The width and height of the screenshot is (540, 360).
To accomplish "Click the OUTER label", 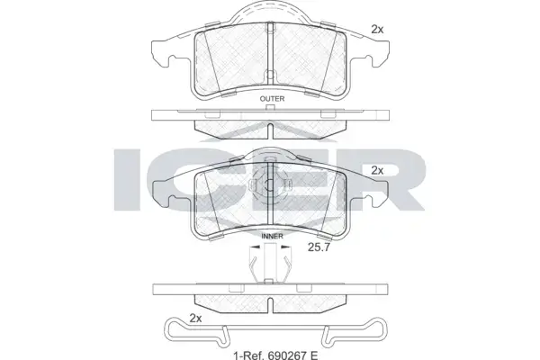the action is click(x=272, y=99).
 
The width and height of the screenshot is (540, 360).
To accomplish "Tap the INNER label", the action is click(x=272, y=236).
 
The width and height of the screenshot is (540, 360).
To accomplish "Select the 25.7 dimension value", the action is click(x=319, y=247).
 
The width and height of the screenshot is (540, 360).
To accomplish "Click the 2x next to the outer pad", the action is click(x=377, y=30).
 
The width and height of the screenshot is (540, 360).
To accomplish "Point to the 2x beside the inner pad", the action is click(x=377, y=170).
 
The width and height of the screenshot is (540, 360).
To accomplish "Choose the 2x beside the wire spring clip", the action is click(x=195, y=319).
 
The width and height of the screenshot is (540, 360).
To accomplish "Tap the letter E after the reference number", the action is click(x=313, y=354).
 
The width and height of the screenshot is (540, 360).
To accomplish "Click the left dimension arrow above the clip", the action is click(x=255, y=247).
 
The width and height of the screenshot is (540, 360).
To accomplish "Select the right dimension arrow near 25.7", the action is click(x=286, y=247).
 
